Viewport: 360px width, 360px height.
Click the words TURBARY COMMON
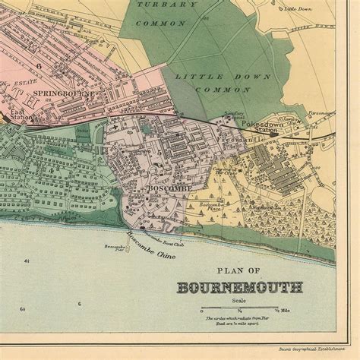[x=160, y=14]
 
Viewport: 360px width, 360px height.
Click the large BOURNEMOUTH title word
[x=240, y=288]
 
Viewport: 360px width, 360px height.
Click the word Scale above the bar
[x=238, y=298]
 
